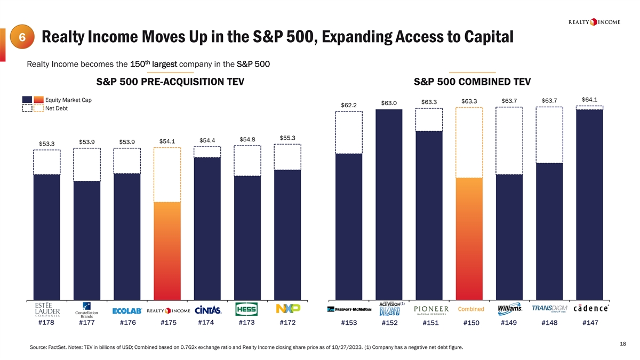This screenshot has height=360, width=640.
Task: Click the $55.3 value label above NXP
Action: point(287,138)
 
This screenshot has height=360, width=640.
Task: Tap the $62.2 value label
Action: point(349,104)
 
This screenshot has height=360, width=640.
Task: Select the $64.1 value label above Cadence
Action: point(590,99)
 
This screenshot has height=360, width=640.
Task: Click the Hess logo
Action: point(247,309)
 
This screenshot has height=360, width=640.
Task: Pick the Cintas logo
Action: point(207,310)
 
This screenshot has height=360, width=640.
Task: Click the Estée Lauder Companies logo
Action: point(47,310)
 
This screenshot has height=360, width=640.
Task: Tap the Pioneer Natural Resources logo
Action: point(431,310)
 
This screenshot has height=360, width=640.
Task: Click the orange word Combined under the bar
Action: point(471,309)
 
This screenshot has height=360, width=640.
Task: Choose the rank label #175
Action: point(167,322)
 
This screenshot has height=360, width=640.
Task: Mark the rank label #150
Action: point(471,323)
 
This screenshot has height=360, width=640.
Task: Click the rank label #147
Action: point(590,322)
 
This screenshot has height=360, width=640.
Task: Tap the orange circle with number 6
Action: point(22,38)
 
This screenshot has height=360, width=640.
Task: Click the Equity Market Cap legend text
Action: point(69,100)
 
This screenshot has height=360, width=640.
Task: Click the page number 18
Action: point(623,345)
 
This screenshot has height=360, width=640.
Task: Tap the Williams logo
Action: point(510,309)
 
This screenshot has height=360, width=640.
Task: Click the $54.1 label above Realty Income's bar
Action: point(167,141)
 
